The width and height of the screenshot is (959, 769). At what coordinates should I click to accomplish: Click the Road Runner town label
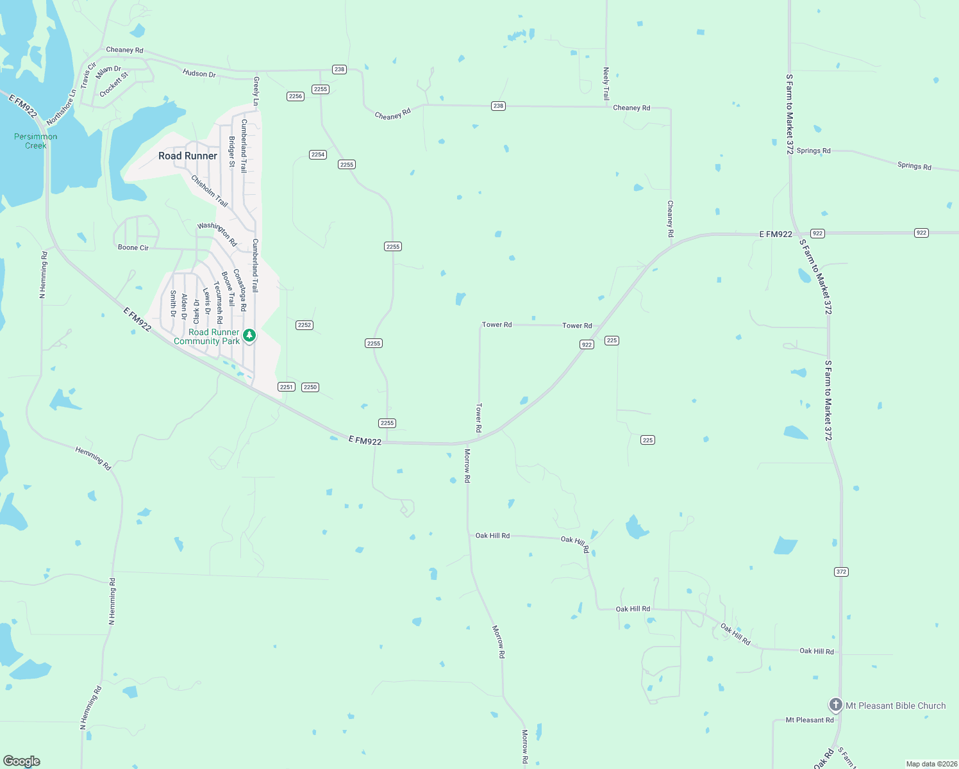(x=188, y=156)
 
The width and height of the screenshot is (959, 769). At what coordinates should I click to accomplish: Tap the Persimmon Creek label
(x=36, y=141)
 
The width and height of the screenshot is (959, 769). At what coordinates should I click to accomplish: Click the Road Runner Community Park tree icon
(x=249, y=335)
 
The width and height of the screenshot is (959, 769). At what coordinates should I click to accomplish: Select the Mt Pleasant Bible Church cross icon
(x=835, y=705)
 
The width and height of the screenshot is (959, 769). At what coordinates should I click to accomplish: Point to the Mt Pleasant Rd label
(x=810, y=720)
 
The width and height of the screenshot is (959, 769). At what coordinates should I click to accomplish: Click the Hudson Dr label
(x=199, y=74)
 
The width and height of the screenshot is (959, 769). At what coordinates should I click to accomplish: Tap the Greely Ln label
(x=256, y=91)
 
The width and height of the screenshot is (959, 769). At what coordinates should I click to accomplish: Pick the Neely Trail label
(x=606, y=84)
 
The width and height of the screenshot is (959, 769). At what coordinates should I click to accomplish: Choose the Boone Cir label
(x=133, y=247)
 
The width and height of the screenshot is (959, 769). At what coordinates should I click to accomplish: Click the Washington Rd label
(x=217, y=235)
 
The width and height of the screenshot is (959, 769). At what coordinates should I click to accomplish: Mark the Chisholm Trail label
(x=210, y=191)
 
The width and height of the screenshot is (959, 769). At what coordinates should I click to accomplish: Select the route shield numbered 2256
(x=295, y=96)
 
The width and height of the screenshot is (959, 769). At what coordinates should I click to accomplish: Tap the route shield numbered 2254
(x=318, y=154)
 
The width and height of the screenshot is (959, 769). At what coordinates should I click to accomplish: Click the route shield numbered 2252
(x=304, y=325)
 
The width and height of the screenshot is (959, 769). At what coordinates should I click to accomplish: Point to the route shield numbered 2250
(x=310, y=387)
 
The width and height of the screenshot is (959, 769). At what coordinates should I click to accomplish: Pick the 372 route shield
(x=842, y=572)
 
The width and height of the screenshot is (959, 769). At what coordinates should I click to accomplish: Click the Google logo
(x=22, y=761)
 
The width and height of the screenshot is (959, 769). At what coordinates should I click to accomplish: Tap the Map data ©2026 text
(x=931, y=764)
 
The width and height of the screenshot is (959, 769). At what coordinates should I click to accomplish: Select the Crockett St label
(x=114, y=85)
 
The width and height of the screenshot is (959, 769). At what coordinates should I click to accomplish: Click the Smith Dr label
(x=173, y=304)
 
